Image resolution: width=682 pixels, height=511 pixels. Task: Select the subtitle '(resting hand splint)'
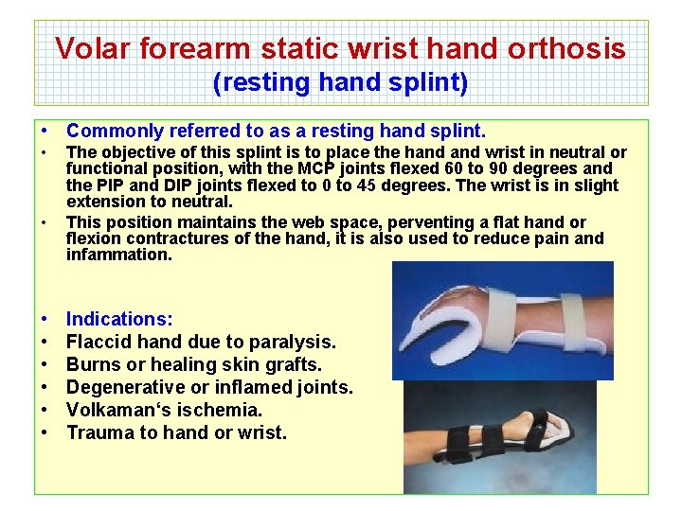[341, 83]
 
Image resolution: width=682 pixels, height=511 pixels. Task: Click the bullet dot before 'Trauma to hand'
[45, 433]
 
